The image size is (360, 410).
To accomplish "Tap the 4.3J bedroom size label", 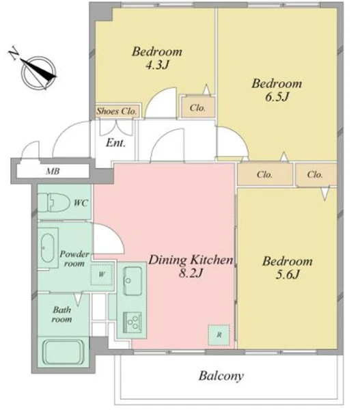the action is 157,65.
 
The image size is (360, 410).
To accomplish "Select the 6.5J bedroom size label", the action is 277,97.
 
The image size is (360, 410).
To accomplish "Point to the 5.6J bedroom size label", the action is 288,275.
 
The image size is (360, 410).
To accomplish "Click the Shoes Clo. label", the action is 117,111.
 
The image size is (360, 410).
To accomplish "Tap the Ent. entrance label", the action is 116,143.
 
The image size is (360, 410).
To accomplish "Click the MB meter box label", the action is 53,172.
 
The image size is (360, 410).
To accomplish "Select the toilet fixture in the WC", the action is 53,203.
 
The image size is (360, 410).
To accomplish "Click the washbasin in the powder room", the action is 48,247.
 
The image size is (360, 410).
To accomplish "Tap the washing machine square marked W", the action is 102,275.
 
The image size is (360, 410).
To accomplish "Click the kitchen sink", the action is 133,281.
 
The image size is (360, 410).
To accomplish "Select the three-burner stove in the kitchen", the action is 133,322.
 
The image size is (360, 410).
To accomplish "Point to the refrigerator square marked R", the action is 219,335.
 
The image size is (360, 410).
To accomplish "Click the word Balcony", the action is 221,376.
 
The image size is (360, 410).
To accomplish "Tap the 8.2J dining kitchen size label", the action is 191,273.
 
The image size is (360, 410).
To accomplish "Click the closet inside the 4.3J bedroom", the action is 197,107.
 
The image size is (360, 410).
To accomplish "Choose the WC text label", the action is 81,203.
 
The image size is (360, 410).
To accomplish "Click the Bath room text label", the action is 62,314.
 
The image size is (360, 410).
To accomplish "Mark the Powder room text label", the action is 74,258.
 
